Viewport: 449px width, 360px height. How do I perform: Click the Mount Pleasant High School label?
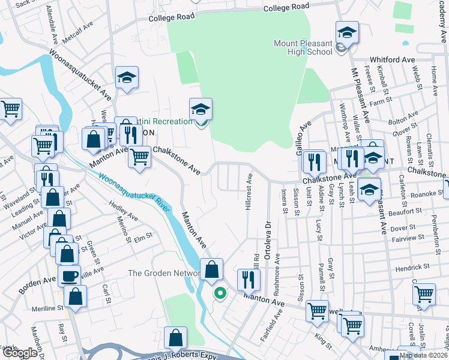[x=303, y=47]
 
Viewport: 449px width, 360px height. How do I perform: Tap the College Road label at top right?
[x=286, y=7]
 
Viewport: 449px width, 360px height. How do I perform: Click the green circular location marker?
[x=220, y=293]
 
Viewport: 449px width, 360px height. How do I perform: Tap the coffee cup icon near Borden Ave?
[x=69, y=276]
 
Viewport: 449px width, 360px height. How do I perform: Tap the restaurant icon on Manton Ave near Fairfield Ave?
[x=247, y=278]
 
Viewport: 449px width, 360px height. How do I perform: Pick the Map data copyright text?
[x=423, y=355]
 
